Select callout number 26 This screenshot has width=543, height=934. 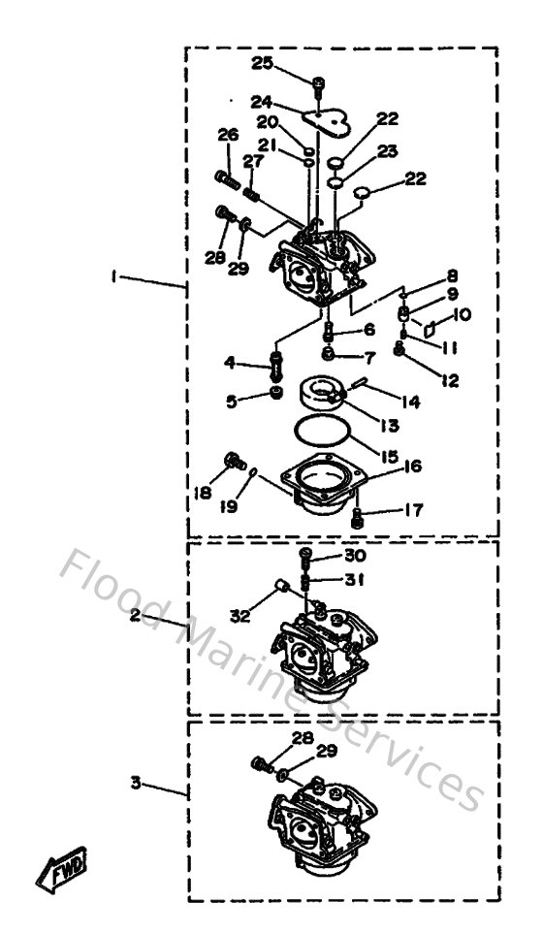click(x=228, y=135)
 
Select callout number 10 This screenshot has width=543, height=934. click(x=462, y=315)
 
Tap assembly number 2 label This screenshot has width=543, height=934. click(x=136, y=615)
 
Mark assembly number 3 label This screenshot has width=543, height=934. click(x=136, y=780)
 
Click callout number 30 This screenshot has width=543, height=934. click(x=356, y=556)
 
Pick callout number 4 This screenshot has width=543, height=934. click(x=230, y=363)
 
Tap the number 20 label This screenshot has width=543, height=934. click(x=268, y=122)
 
